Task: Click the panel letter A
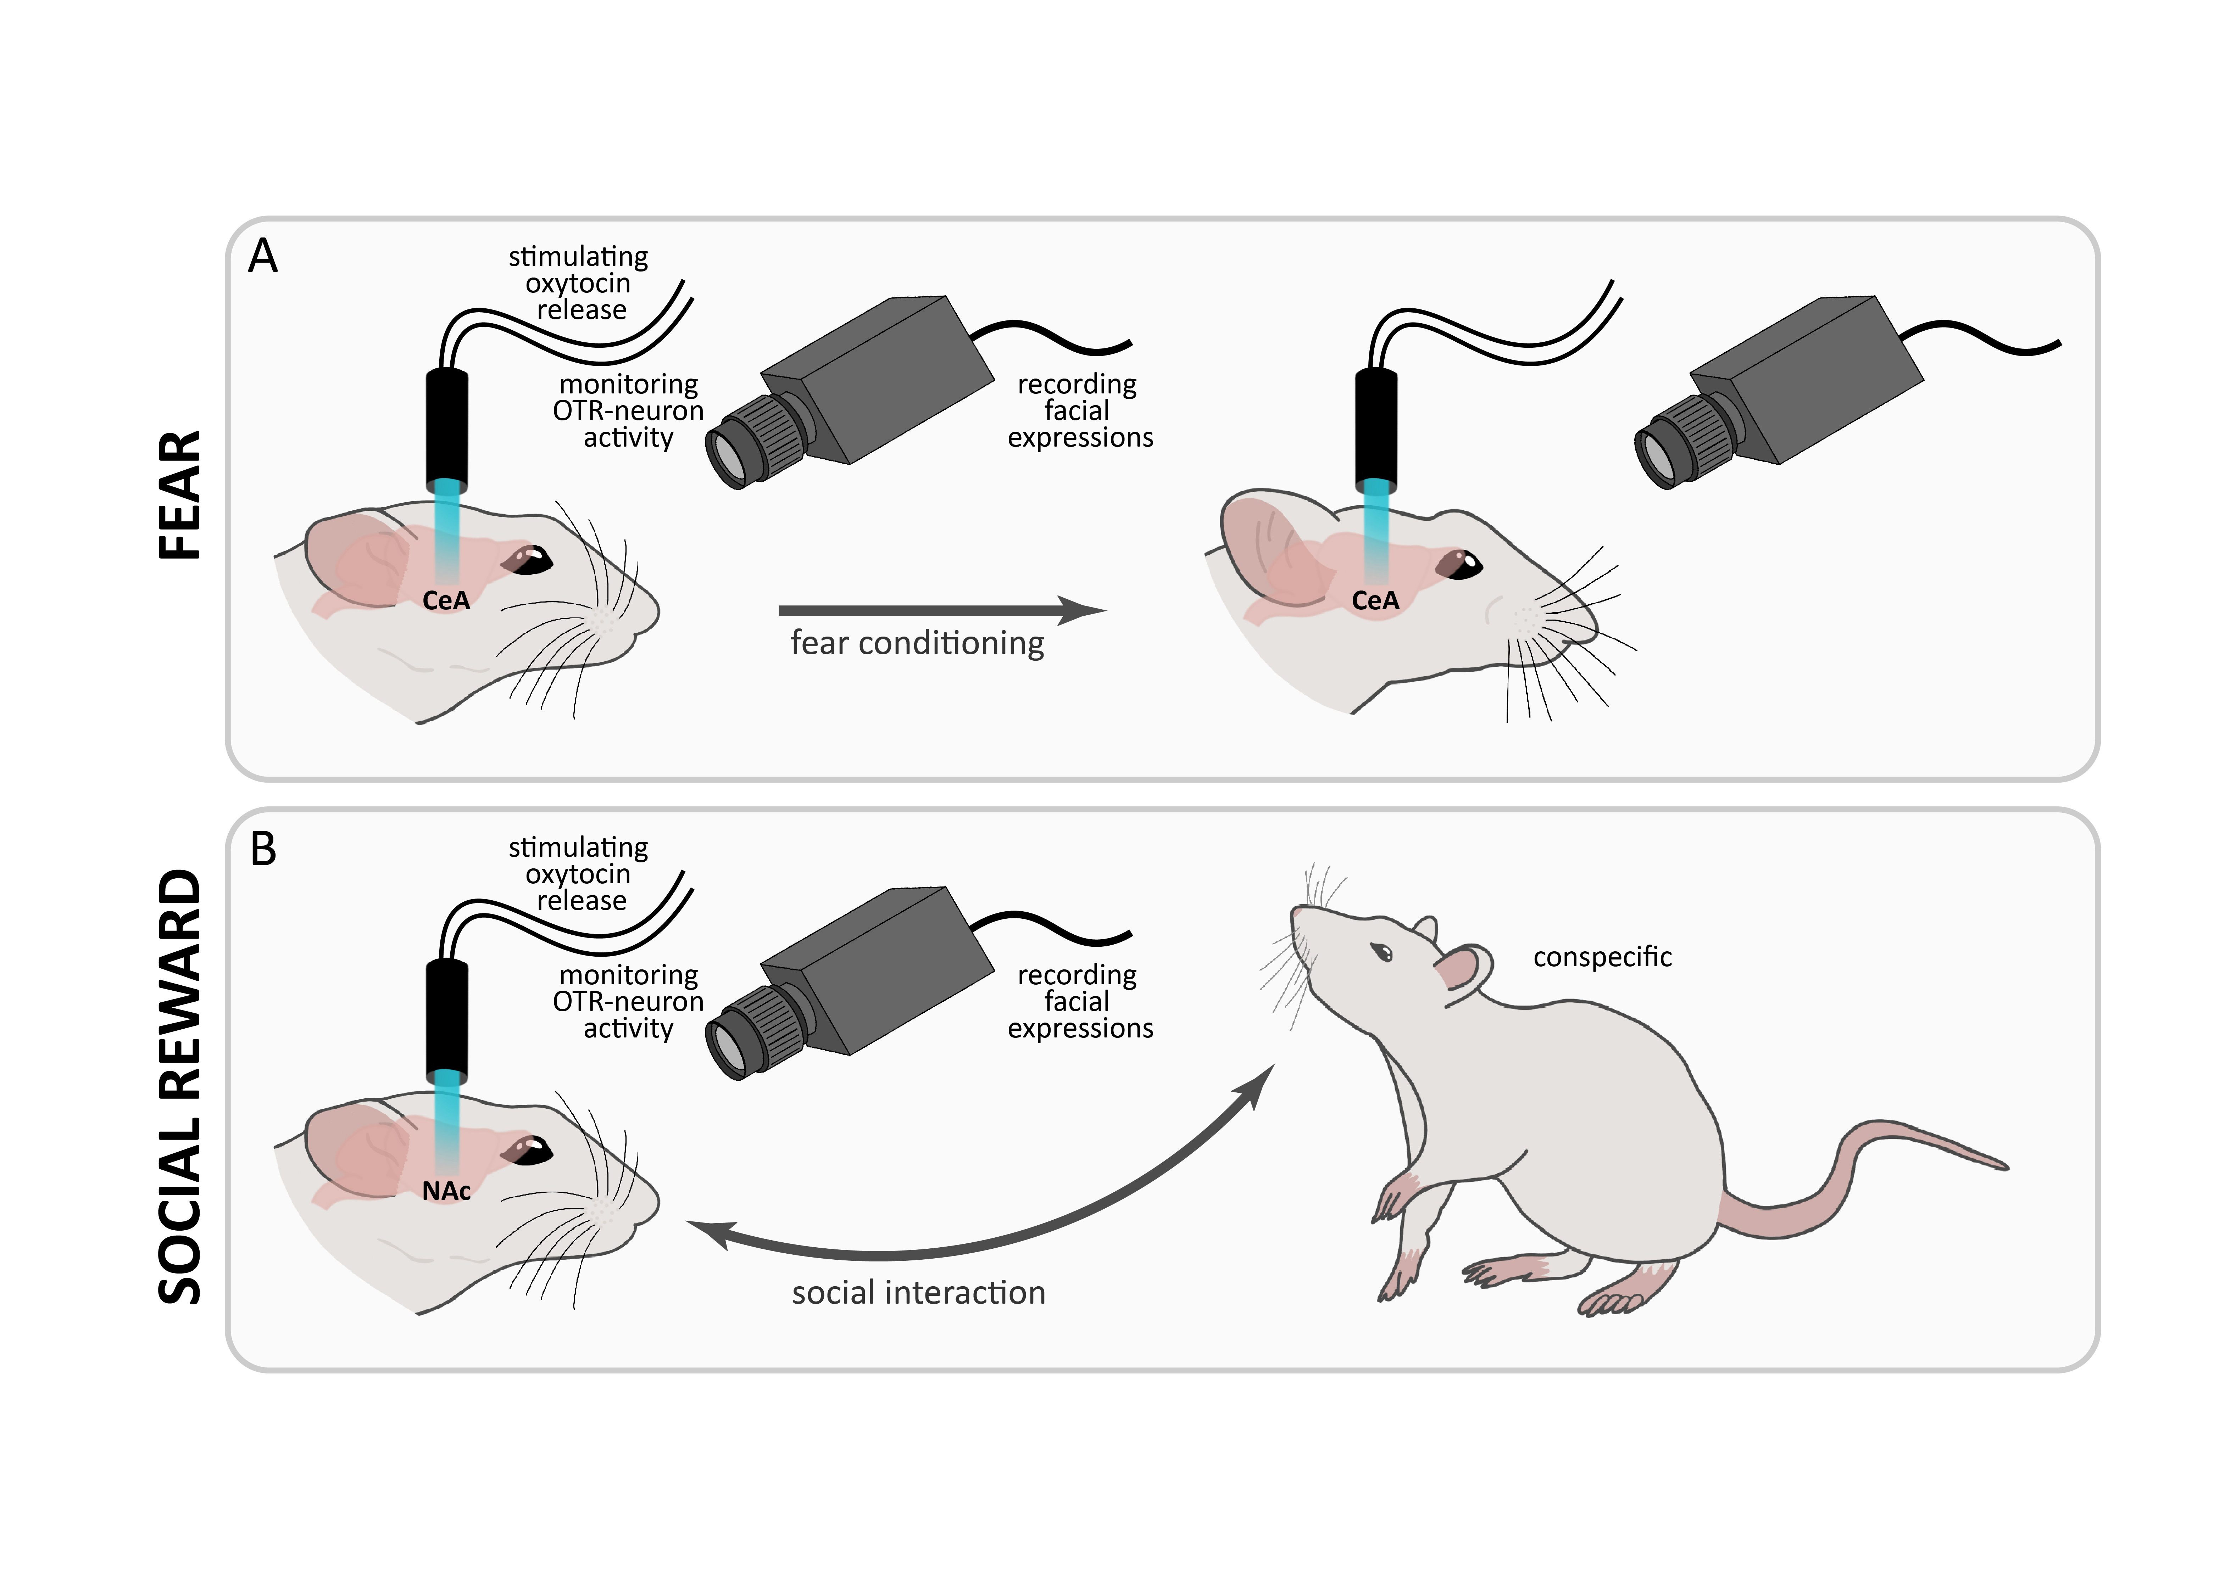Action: point(263,257)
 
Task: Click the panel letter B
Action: point(263,850)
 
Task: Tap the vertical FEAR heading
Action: point(179,496)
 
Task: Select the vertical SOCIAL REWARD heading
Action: point(179,1087)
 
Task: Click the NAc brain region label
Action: point(446,1191)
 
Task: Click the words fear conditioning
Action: point(917,643)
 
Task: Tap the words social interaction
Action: point(918,1293)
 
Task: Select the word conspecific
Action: point(1602,956)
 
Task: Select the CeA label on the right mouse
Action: point(1375,600)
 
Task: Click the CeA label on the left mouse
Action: point(446,600)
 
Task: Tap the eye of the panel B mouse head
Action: point(530,1150)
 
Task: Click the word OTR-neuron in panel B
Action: point(628,1002)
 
